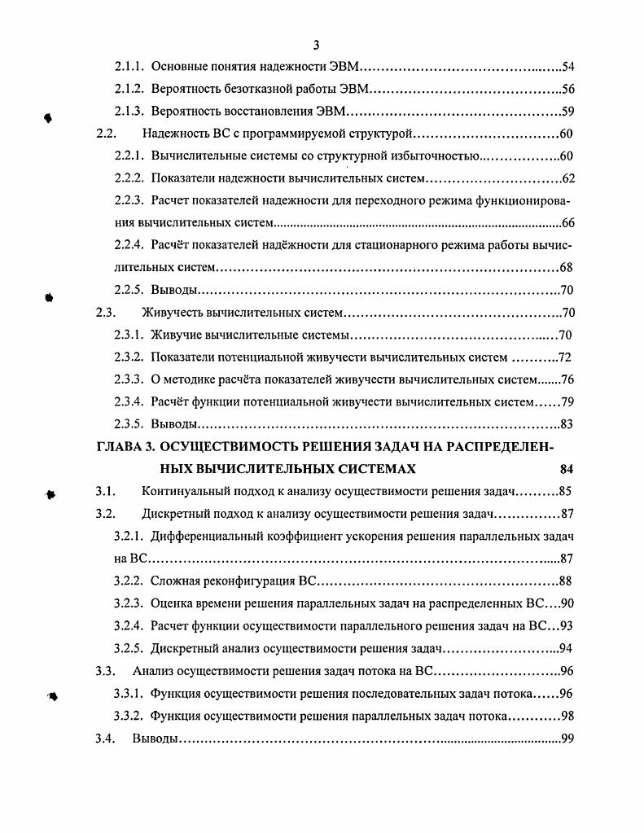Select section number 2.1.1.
pyautogui.click(x=129, y=67)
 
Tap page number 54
pyautogui.click(x=568, y=67)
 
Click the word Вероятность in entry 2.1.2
pyautogui.click(x=185, y=90)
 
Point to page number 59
pyautogui.click(x=568, y=112)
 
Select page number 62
pyautogui.click(x=568, y=179)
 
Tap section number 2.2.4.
pyautogui.click(x=129, y=245)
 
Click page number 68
pyautogui.click(x=568, y=267)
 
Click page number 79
pyautogui.click(x=568, y=401)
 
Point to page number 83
pyautogui.click(x=568, y=424)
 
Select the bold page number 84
pyautogui.click(x=568, y=469)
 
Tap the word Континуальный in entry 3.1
pyautogui.click(x=185, y=492)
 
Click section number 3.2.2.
pyautogui.click(x=129, y=581)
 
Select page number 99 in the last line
pyautogui.click(x=568, y=739)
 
